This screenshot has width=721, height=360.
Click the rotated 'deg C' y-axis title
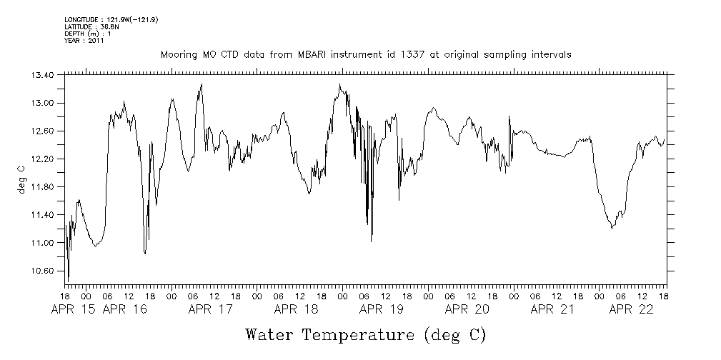21,179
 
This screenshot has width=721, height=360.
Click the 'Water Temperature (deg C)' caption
366,334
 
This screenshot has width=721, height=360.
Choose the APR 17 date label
211,309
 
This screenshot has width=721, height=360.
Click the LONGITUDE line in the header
111,19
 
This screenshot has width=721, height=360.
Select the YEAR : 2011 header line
84,41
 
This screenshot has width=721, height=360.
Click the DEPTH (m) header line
87,34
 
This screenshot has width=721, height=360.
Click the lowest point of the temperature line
68,281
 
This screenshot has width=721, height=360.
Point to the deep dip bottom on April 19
372,241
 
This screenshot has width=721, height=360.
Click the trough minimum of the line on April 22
612,228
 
